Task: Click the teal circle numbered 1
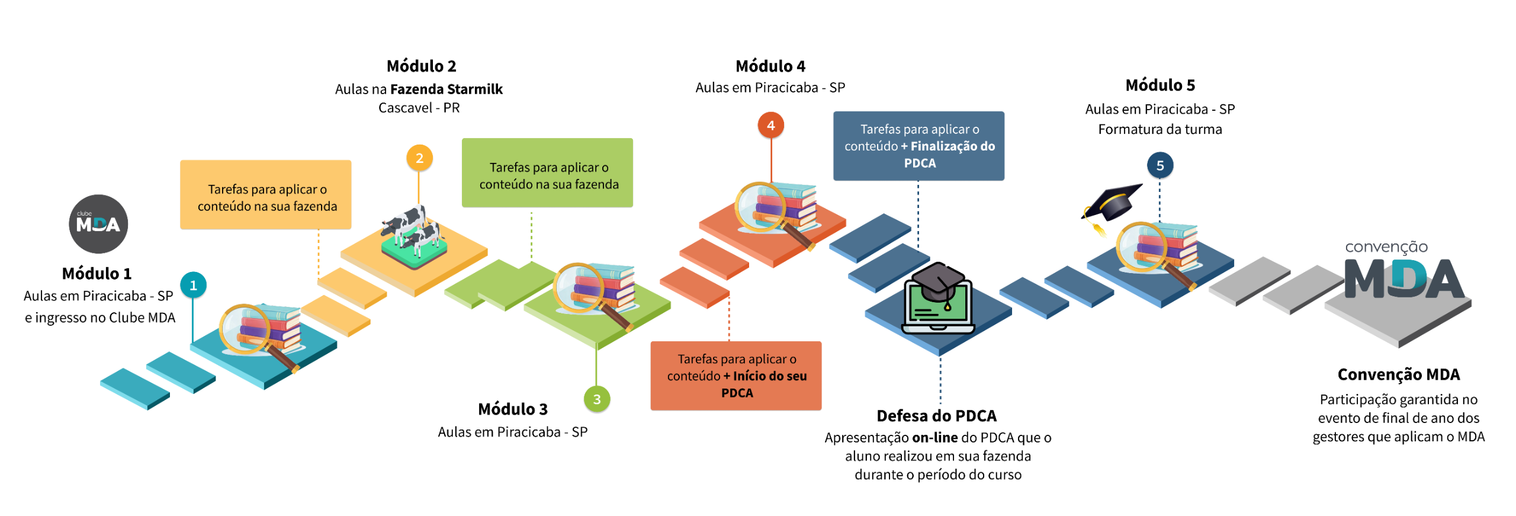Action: point(193,285)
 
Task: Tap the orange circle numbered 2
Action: point(419,158)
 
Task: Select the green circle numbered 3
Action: point(596,399)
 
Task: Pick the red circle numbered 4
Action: point(770,126)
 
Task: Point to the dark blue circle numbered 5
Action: point(1160,165)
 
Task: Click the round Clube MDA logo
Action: point(98,224)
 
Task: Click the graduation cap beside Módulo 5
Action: point(1112,204)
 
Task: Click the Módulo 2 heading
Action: point(421,66)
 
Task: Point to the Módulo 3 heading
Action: point(512,409)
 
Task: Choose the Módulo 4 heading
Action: point(770,66)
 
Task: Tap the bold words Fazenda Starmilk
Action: point(446,89)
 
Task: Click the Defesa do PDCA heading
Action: point(936,416)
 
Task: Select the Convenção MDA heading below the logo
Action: point(1398,374)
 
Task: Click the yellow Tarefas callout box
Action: point(266,195)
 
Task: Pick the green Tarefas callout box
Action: point(547,173)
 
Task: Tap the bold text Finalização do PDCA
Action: point(947,154)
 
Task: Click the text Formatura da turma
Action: point(1160,129)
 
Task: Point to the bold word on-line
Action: point(934,438)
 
